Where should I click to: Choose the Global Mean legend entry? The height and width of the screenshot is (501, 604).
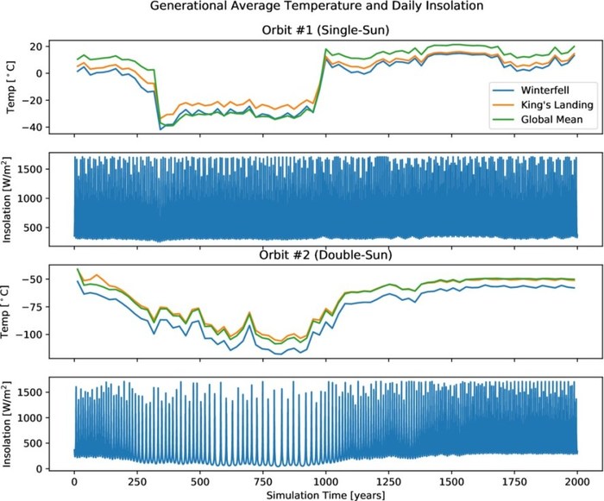click(550, 121)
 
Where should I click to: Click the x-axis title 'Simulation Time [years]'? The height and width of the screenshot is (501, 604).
click(324, 494)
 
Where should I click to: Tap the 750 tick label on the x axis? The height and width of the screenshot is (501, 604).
click(262, 480)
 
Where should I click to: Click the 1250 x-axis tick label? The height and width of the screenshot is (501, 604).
click(388, 480)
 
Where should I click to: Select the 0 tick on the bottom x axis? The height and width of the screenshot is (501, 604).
click(74, 480)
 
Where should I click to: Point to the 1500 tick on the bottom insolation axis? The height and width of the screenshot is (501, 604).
click(30, 392)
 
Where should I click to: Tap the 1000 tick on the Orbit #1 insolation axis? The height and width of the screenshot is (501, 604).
click(30, 197)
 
